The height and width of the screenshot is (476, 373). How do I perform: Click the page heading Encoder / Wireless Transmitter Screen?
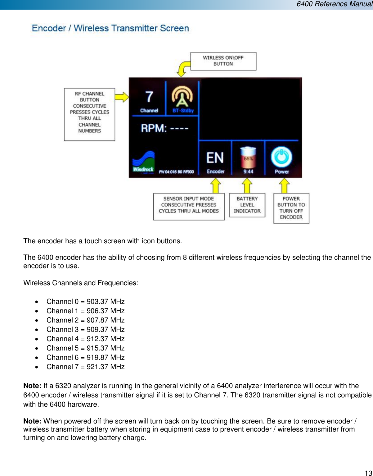(x=110, y=28)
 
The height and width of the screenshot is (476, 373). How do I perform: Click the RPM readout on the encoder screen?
(x=165, y=128)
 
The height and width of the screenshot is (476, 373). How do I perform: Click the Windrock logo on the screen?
(x=143, y=162)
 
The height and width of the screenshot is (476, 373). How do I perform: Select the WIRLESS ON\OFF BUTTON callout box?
(x=223, y=61)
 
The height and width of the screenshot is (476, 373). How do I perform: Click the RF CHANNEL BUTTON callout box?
(x=89, y=114)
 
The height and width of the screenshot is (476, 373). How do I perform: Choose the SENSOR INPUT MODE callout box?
(x=189, y=206)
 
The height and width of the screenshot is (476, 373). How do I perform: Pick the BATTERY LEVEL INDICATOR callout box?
(x=247, y=205)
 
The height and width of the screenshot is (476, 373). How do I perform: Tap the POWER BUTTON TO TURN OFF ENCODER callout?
(x=291, y=208)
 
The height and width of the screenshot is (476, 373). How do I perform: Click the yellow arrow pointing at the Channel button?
(x=122, y=97)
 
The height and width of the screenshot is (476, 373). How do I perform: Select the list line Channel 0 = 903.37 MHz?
(x=85, y=301)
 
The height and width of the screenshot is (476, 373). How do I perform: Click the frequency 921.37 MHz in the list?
(x=106, y=367)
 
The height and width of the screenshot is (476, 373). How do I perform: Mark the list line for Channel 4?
(x=85, y=339)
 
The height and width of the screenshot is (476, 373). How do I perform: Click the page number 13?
(x=368, y=473)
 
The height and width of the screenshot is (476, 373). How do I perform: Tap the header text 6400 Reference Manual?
(x=334, y=4)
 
